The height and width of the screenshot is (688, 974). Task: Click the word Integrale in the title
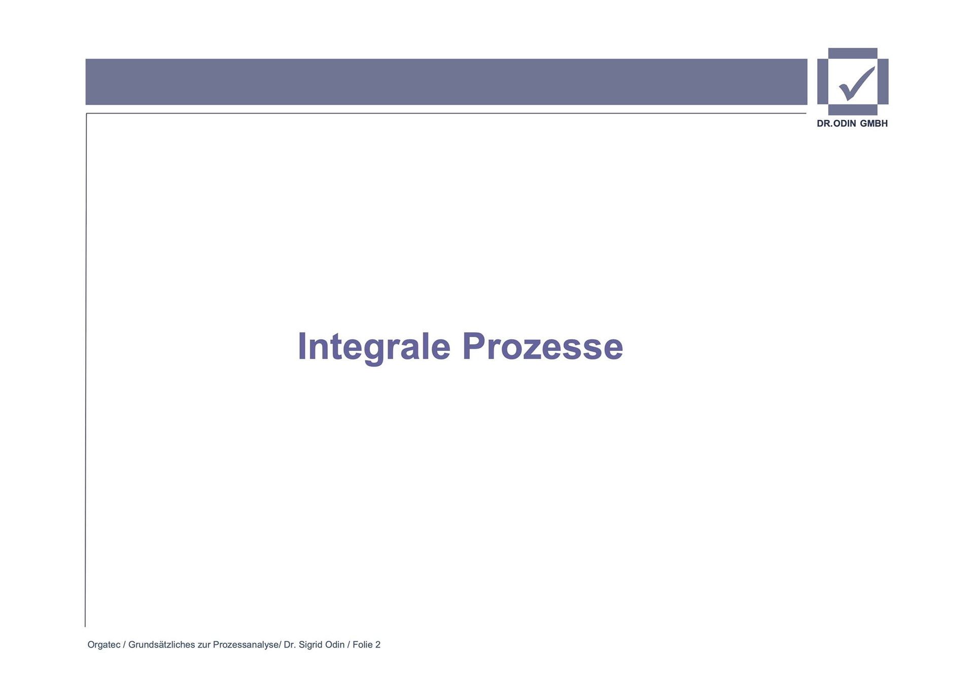click(374, 347)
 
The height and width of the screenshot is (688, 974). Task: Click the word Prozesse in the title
click(542, 347)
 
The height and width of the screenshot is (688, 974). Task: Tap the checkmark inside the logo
click(857, 84)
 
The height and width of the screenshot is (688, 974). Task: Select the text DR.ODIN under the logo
click(836, 124)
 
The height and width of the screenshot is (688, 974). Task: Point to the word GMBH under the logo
click(874, 124)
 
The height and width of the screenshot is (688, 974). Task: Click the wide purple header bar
click(446, 82)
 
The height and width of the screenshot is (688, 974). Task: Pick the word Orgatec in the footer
click(104, 645)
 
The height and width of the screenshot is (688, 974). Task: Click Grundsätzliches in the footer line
click(162, 645)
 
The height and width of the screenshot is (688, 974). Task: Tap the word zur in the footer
click(204, 645)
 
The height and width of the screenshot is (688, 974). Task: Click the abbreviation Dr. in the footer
click(290, 645)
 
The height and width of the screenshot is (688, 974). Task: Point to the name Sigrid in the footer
click(310, 645)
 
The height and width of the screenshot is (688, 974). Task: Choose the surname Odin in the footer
click(335, 645)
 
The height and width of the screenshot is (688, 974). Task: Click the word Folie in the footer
click(363, 645)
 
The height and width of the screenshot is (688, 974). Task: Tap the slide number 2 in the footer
click(378, 645)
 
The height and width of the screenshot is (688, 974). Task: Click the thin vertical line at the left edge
click(86, 370)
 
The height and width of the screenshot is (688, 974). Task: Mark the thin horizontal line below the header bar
click(446, 113)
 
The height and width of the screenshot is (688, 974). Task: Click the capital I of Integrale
click(302, 347)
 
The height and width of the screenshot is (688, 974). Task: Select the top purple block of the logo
click(853, 53)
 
